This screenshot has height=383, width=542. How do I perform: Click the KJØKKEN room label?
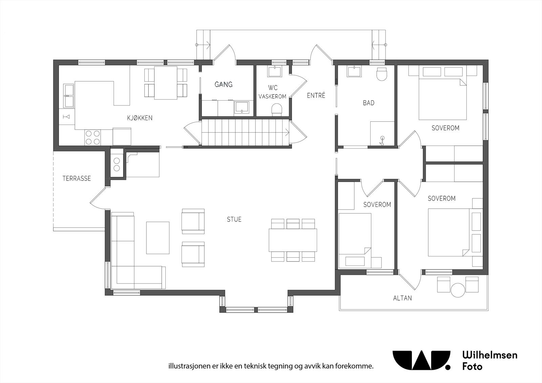coord(140,118)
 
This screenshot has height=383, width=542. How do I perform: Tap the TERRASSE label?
coord(77,178)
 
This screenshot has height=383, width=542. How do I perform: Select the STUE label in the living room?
coord(234,219)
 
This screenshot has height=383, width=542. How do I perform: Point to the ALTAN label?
coord(402,298)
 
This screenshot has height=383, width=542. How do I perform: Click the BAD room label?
coord(369,103)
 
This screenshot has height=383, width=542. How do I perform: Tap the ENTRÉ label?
coord(316,95)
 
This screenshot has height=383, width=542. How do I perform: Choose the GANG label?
coord(223,84)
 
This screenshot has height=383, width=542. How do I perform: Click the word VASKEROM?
coord(272,97)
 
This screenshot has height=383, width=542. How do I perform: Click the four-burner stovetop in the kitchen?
coord(93,137)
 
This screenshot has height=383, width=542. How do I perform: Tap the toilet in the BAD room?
coord(382,73)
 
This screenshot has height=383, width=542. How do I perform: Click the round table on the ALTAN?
coord(458,290)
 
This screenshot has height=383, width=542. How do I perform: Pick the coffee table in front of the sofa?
coord(158,238)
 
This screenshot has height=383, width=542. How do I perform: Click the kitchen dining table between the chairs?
coord(166,83)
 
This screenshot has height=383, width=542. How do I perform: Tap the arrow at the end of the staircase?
coord(287,132)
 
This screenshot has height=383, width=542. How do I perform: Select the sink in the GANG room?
coord(242,108)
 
